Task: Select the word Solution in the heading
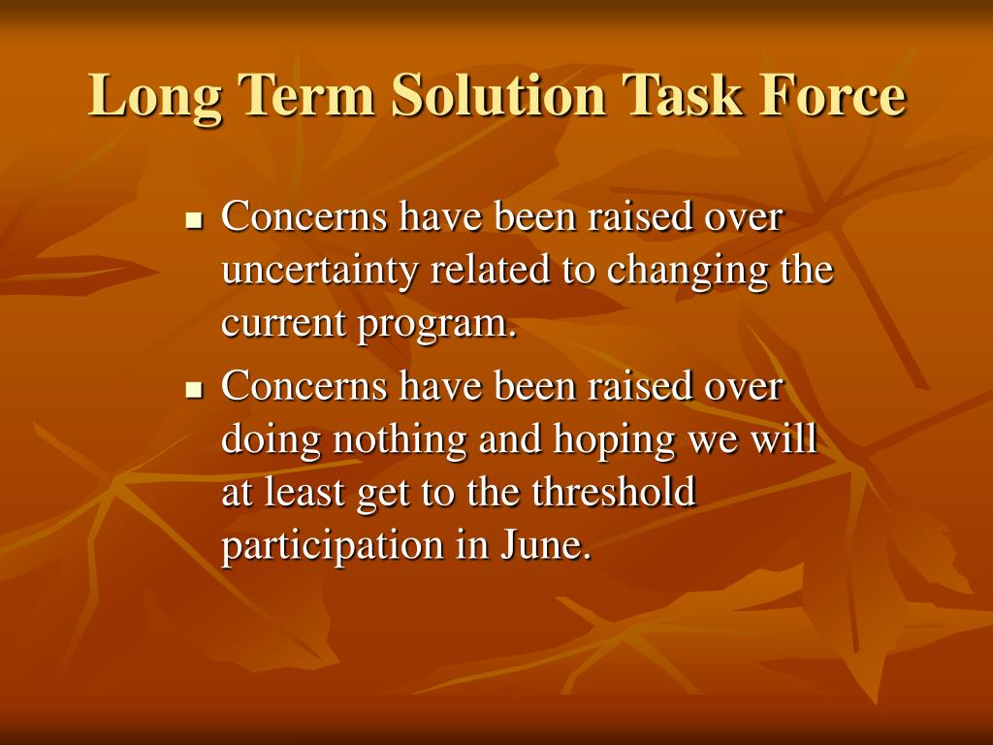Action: coord(499,95)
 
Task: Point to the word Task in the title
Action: coord(682,95)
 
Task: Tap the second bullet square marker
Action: coord(194,391)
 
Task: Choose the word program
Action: coord(437,326)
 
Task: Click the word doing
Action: coord(272,440)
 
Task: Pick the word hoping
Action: coord(614,440)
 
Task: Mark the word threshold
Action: coord(614,491)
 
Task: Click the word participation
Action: coord(334,546)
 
